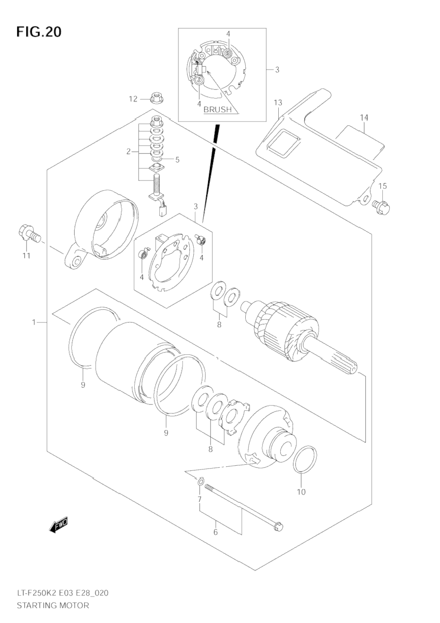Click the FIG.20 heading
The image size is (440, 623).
click(x=39, y=32)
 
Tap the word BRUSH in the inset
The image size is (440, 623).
click(x=217, y=109)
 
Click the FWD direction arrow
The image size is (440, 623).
click(x=59, y=526)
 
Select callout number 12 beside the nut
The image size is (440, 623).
click(x=133, y=99)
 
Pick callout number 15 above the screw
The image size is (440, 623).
click(x=383, y=186)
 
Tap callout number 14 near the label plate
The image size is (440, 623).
click(x=364, y=118)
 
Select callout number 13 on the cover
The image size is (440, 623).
click(x=278, y=103)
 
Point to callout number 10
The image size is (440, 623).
click(x=302, y=492)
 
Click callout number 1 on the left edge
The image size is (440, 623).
click(x=34, y=322)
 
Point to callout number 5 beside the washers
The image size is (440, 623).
click(x=177, y=160)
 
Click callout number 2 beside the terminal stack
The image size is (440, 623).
click(x=128, y=152)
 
